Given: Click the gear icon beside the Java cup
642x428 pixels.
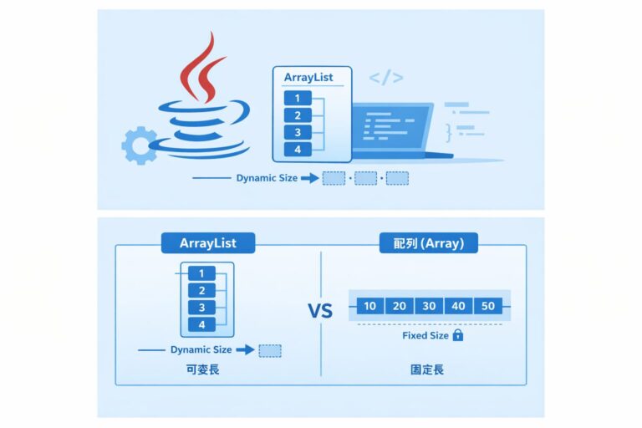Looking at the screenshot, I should pyautogui.click(x=137, y=145).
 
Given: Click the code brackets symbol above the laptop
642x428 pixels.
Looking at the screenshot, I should pyautogui.click(x=385, y=78).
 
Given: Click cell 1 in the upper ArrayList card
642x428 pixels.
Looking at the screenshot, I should pyautogui.click(x=298, y=99).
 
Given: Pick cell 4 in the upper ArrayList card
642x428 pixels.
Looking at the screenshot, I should pyautogui.click(x=298, y=149).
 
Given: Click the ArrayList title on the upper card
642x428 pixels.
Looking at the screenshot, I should pyautogui.click(x=308, y=78).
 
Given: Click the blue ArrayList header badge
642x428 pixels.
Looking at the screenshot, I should pyautogui.click(x=208, y=244).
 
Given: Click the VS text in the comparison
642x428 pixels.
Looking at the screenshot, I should pyautogui.click(x=320, y=312).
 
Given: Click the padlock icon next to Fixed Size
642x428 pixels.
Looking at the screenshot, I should pyautogui.click(x=458, y=335).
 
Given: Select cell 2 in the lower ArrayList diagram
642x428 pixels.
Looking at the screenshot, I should pyautogui.click(x=201, y=290).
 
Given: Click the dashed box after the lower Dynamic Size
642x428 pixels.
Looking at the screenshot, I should pyautogui.click(x=270, y=351).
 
